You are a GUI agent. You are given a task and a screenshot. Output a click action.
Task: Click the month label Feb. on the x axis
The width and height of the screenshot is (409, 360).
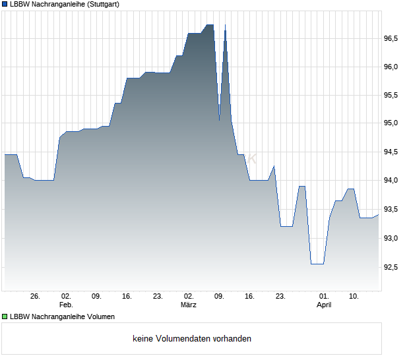[x=65, y=305]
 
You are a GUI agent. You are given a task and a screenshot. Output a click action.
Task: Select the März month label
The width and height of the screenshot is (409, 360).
[x=189, y=305]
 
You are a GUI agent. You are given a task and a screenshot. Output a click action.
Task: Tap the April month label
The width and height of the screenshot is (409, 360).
[x=324, y=305]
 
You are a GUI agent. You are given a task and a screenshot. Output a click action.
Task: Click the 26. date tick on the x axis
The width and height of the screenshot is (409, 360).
[x=35, y=297]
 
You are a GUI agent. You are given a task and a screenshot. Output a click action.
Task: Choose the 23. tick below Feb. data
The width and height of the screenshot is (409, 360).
[x=158, y=297]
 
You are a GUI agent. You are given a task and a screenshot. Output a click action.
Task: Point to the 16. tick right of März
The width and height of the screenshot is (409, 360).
[x=249, y=297]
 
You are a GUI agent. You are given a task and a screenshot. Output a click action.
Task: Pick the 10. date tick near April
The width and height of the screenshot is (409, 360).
[x=354, y=297]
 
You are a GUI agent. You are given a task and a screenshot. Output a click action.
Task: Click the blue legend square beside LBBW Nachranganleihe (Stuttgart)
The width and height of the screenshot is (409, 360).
[x=5, y=4]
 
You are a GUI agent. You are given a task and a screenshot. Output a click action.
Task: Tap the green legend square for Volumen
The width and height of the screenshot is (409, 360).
[x=5, y=316]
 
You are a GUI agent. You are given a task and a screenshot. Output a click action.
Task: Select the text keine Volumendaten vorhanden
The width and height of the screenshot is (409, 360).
[x=192, y=339]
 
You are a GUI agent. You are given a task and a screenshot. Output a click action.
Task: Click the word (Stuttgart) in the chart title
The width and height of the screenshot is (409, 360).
[x=104, y=4]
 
